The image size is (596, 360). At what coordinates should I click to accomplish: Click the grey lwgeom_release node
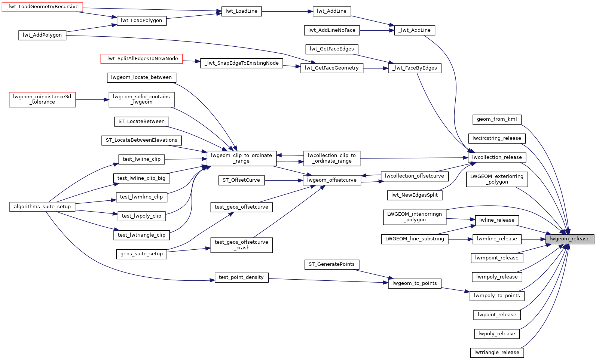coord(569,239)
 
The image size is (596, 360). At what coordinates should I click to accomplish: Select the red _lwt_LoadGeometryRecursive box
coord(42,7)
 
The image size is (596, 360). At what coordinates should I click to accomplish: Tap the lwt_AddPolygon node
coord(42,35)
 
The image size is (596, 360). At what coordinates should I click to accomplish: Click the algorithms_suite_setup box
coord(42,207)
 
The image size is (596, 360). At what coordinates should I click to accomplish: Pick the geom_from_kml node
coord(497,119)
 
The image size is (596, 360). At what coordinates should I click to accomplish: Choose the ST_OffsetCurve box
coord(241,180)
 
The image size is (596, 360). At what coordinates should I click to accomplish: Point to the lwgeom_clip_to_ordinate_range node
coord(241,158)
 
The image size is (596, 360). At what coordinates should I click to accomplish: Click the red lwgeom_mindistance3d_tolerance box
coord(42,99)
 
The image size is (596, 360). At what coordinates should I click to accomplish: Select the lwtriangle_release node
coord(497,353)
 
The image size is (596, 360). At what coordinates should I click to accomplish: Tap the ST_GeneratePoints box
coord(331,264)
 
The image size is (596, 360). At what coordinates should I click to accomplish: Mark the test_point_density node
coord(241,277)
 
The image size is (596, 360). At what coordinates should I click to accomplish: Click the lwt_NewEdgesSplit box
coord(415,195)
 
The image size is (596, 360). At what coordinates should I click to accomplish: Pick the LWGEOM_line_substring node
coord(415,239)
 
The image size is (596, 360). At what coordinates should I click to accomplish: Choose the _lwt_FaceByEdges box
coord(415,68)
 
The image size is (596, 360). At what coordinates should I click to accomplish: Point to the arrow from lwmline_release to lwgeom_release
coord(533,239)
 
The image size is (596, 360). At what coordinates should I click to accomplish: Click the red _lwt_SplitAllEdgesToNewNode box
coord(141,59)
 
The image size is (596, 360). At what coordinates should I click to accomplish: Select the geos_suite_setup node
coord(141,254)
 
